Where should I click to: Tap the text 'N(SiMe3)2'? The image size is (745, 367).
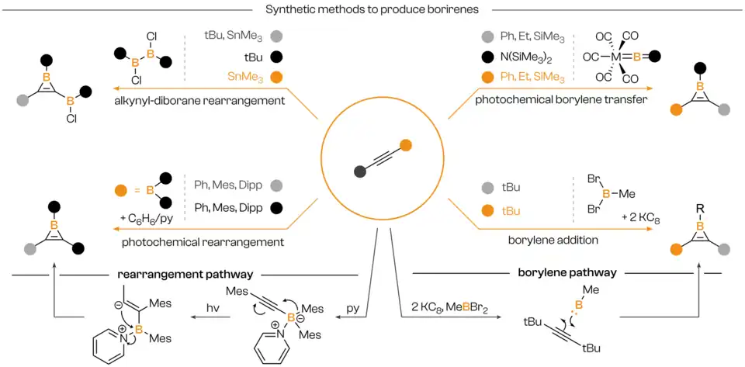(x=527, y=57)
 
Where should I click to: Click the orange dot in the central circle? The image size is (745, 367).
(x=404, y=144)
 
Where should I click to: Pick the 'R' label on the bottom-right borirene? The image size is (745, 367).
(x=698, y=206)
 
